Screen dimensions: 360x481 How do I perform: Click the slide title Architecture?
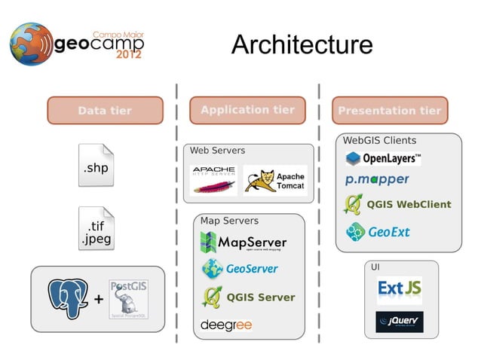[302, 45]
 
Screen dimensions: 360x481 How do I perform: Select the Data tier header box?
[105, 111]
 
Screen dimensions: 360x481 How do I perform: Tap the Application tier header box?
[247, 110]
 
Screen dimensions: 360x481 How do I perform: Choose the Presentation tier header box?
[389, 111]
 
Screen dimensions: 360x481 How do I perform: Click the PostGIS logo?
[128, 298]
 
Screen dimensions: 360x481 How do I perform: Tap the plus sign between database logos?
[98, 300]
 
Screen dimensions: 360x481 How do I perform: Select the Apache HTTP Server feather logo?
[213, 180]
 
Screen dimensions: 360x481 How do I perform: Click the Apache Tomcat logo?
[274, 181]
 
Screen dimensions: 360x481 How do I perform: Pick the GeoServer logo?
[240, 268]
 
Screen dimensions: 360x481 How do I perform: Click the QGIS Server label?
[260, 297]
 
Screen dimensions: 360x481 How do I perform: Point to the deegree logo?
[226, 325]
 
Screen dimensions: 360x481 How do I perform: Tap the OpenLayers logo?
[383, 158]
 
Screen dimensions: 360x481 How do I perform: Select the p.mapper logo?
[377, 180]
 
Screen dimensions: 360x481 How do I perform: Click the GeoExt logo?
[378, 232]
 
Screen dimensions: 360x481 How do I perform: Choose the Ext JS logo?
[399, 289]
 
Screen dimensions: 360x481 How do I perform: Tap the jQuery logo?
[399, 322]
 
